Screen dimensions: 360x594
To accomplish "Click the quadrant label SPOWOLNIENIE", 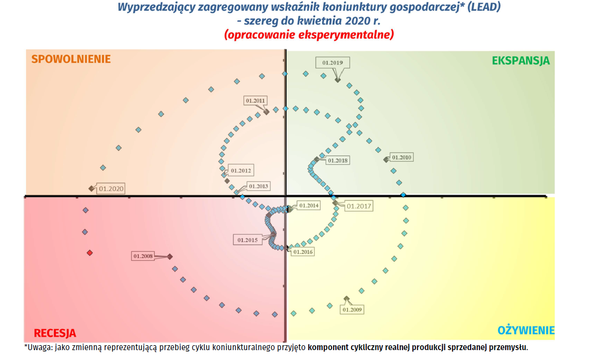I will [71, 59].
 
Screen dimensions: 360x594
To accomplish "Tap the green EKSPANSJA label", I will [520, 61].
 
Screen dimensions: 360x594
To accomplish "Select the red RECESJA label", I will [55, 333].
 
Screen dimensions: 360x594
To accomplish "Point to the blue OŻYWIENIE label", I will [526, 330].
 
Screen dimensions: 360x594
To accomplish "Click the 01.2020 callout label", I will [111, 188].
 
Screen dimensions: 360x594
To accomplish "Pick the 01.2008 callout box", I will [143, 256].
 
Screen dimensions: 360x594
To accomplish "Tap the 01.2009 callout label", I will [352, 310].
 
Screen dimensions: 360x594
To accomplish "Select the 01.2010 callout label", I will [401, 157].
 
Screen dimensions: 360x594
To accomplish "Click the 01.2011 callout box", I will [256, 101].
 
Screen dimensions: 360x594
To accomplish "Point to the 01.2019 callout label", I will [333, 63].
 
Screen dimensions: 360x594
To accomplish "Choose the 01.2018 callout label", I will [337, 160].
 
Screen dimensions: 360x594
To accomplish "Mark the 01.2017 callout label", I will [359, 206].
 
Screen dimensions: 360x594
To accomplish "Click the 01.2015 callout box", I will [247, 240].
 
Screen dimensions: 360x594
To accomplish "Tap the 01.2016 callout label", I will [303, 252].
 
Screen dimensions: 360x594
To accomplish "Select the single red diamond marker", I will [90, 252].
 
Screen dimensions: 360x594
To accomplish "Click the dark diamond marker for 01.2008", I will [170, 256].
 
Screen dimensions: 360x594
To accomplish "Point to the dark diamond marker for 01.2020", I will [91, 188].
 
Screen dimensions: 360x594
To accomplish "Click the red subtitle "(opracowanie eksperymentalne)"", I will [309, 35].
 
